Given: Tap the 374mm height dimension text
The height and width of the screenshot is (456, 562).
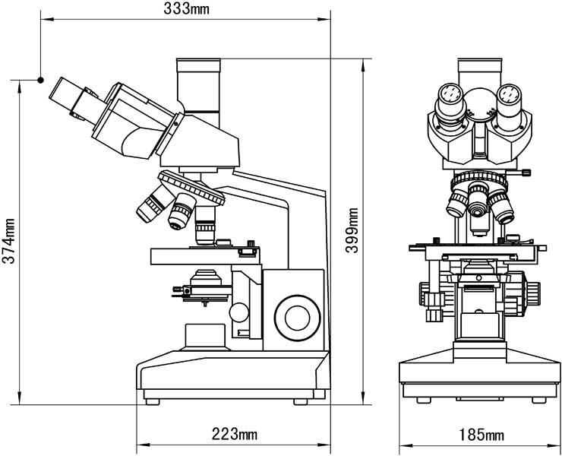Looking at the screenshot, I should [x=10, y=241].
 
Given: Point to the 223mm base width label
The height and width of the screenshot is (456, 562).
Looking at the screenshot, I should [x=234, y=435].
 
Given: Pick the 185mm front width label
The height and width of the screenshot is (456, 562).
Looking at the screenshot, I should [x=481, y=435].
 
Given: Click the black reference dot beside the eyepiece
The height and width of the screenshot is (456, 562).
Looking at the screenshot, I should [x=40, y=78].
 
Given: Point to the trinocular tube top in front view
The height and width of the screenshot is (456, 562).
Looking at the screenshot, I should [x=480, y=67].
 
